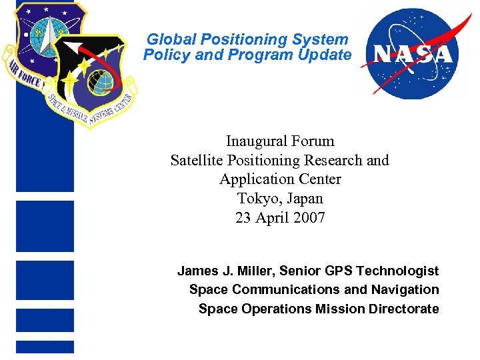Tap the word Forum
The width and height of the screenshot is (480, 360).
click(313, 141)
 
